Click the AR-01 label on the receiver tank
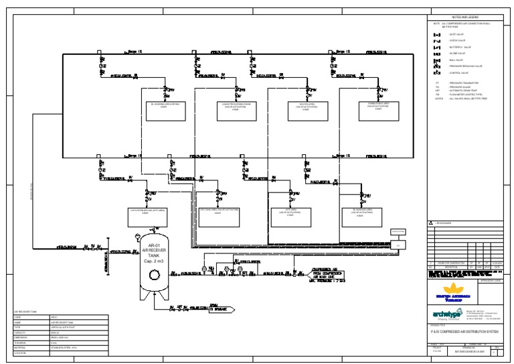pos(153,246)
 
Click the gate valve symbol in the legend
pos(437,34)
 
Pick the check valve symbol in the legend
pos(437,41)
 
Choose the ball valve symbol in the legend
pos(437,60)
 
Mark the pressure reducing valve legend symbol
pos(437,66)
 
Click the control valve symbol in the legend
pos(437,73)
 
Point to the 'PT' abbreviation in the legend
pos(436,84)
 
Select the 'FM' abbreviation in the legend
pos(436,95)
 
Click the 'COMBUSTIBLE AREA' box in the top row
pos(379,107)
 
